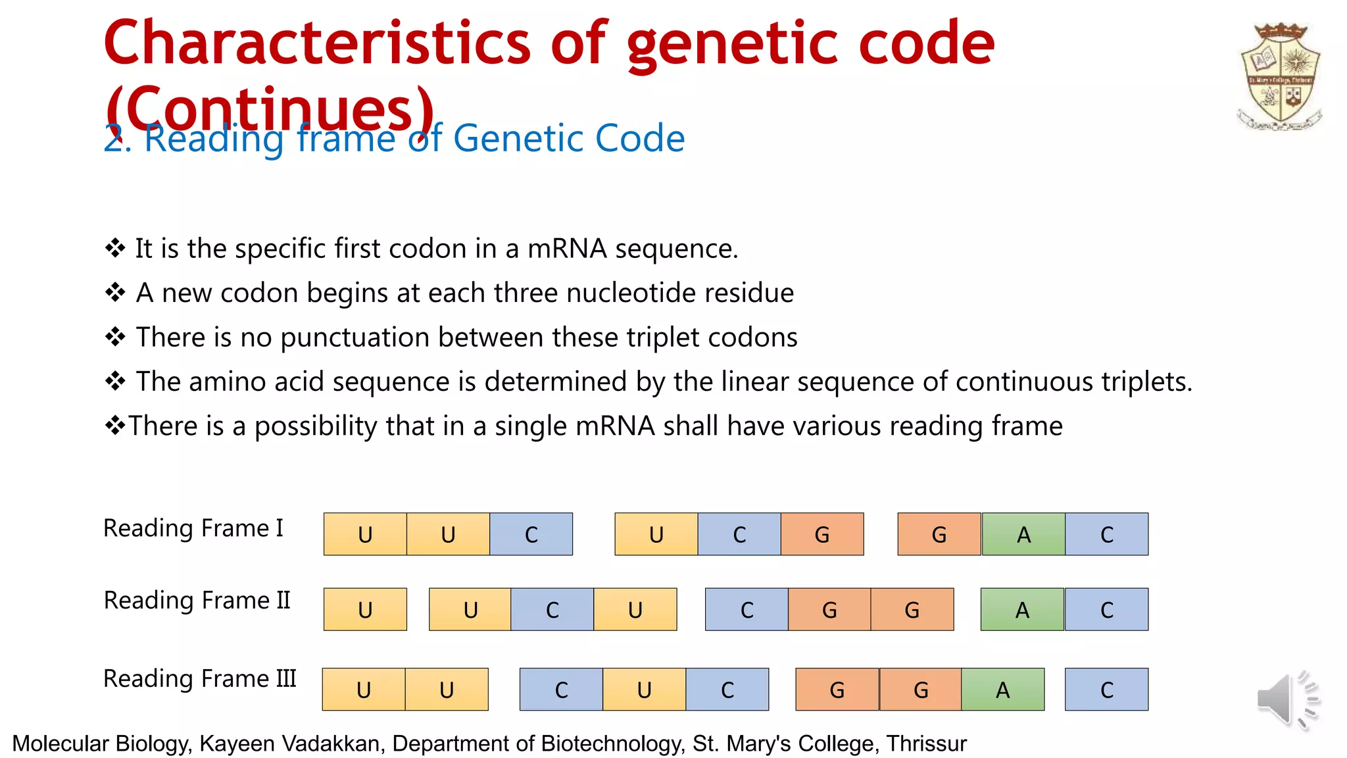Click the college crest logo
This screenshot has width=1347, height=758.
point(1280,76)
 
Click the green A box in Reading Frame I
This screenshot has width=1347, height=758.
point(1023,534)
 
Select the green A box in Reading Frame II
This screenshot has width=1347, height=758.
point(1022,609)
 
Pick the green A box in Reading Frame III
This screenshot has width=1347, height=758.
point(1002,690)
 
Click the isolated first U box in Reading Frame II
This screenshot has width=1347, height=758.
point(365,609)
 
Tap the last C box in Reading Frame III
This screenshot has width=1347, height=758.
point(1106,690)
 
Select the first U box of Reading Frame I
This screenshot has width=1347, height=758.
point(365,534)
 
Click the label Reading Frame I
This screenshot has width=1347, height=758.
point(193,528)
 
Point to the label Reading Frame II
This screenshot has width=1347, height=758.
point(197,601)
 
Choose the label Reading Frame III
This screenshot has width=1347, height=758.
point(200,679)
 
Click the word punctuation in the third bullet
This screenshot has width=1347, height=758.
point(355,338)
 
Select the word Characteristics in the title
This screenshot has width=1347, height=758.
point(316,43)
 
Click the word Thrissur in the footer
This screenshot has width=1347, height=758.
point(926,744)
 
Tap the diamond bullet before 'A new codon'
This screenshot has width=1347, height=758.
point(115,292)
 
